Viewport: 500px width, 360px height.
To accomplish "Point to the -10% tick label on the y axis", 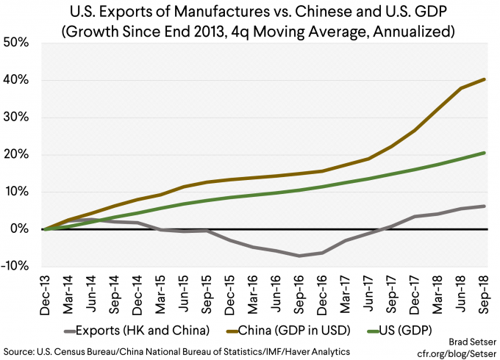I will click(16, 267).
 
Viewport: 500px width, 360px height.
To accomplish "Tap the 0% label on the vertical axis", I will click(21, 229).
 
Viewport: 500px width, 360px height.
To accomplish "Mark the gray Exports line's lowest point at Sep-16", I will click(299, 256).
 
